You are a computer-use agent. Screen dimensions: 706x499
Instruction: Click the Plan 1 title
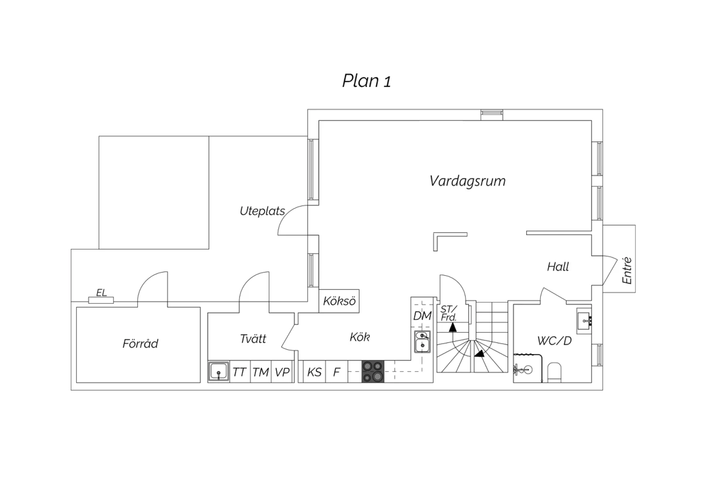[367, 80]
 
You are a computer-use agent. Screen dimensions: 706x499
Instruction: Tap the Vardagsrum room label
[467, 181]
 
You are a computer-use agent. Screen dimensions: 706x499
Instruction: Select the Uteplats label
[262, 211]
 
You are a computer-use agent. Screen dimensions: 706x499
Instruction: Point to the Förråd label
[140, 343]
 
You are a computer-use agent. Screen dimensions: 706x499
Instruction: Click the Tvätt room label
[253, 338]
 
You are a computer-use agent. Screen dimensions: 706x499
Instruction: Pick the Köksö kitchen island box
[339, 301]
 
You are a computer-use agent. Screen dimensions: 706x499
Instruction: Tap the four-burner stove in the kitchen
[373, 371]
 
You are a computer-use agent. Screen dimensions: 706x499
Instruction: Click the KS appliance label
[314, 372]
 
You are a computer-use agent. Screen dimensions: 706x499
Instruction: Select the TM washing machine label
[261, 372]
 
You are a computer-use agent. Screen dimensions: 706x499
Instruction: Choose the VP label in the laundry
[282, 372]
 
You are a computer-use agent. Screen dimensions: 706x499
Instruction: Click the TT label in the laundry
[239, 372]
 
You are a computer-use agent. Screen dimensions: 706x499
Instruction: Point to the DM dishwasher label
[422, 315]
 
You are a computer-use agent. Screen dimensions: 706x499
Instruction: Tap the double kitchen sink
[422, 342]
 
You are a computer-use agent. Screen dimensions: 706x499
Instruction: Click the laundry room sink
[219, 372]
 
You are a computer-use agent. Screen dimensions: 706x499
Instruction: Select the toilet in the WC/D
[555, 372]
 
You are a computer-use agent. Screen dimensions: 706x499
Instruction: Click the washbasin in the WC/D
[584, 321]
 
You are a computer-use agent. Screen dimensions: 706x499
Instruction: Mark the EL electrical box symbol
[101, 300]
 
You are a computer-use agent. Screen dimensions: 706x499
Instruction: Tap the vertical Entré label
[627, 271]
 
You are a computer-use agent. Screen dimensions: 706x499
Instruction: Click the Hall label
[558, 267]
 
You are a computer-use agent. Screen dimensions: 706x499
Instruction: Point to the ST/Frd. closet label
[449, 314]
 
